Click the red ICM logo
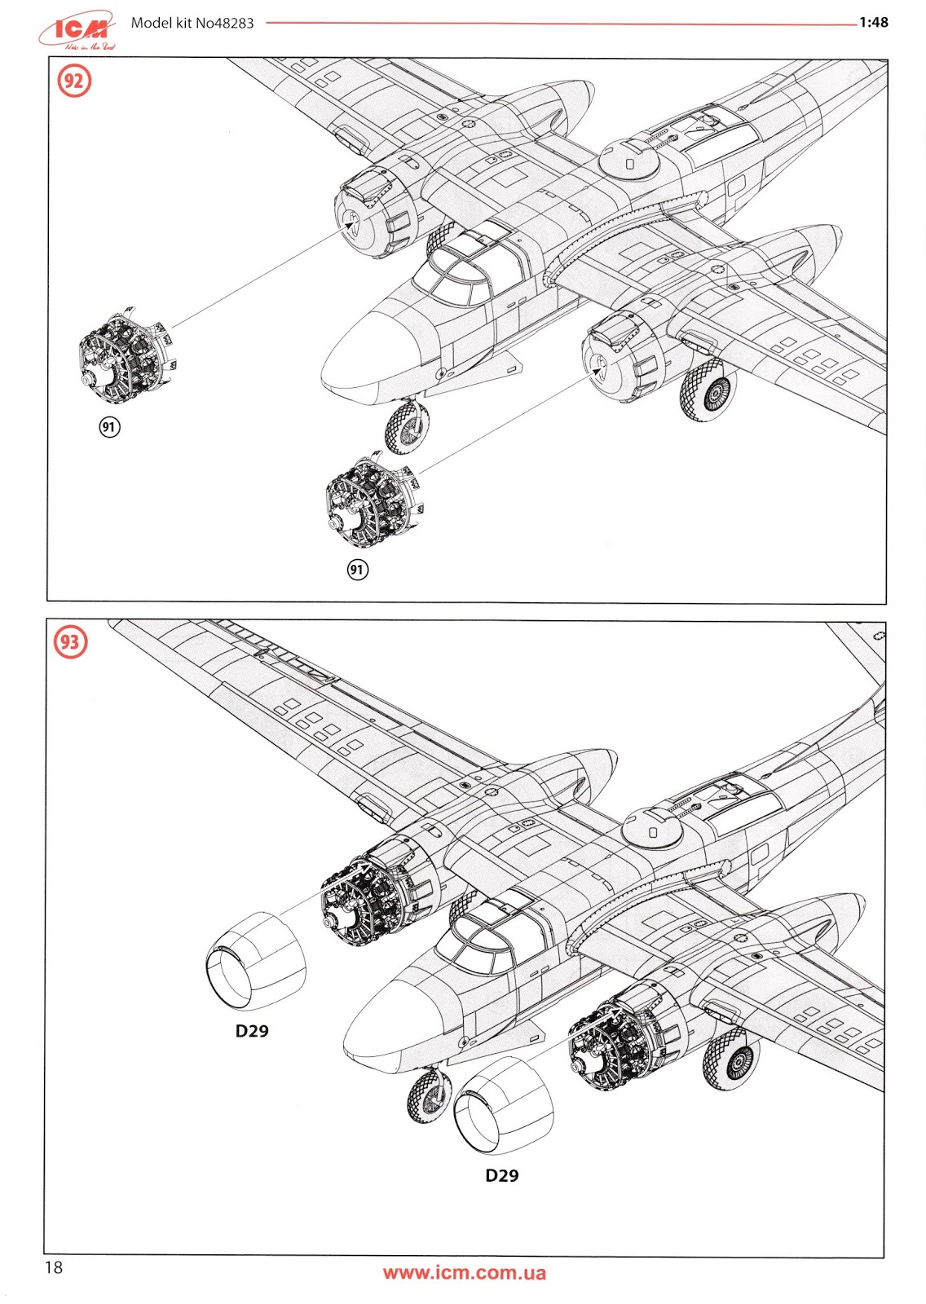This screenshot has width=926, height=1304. click(78, 31)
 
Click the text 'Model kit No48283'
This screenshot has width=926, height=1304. click(192, 23)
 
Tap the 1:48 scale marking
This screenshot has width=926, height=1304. click(873, 22)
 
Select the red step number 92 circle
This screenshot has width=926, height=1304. click(74, 82)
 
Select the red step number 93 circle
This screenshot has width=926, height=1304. click(71, 642)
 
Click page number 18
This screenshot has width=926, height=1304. click(54, 1267)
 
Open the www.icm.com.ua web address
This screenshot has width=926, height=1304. click(464, 1273)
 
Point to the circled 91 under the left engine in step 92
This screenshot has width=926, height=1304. click(109, 426)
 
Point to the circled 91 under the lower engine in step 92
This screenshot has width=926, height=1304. click(357, 569)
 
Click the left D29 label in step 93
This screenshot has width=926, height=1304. click(252, 1031)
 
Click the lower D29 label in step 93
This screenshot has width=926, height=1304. click(501, 1175)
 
